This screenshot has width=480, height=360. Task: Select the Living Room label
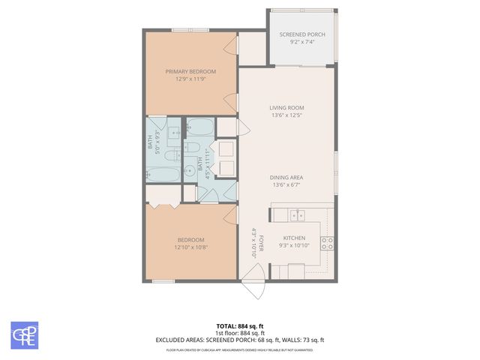pyautogui.click(x=286, y=108)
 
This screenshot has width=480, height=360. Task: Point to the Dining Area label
pyautogui.click(x=286, y=177)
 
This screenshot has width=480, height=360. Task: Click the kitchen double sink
pyautogui.click(x=298, y=216)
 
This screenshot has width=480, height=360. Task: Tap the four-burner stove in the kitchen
pyautogui.click(x=327, y=242)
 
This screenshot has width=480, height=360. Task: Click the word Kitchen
pyautogui.click(x=293, y=238)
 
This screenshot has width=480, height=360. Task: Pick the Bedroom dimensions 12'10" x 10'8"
pyautogui.click(x=190, y=247)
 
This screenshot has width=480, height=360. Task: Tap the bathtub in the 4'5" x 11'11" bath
pyautogui.click(x=199, y=126)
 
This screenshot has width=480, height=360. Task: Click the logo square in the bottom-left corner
pyautogui.click(x=24, y=335)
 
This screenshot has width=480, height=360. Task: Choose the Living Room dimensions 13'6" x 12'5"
pyautogui.click(x=286, y=115)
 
